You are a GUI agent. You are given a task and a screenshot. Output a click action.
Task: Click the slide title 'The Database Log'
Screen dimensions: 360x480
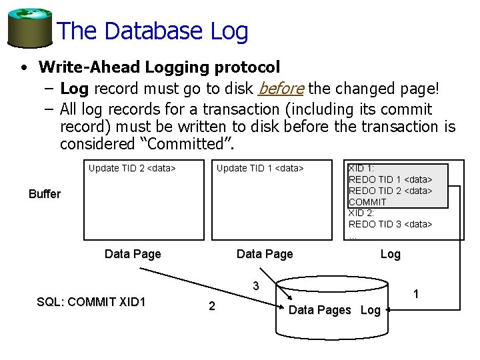153,31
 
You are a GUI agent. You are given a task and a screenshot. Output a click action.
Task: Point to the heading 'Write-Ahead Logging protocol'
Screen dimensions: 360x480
159,67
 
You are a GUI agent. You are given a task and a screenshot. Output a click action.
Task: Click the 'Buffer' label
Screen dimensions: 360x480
45,194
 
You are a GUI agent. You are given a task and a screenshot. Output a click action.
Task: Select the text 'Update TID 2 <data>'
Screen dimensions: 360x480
132,168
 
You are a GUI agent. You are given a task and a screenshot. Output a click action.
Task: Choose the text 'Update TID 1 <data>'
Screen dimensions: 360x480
260,168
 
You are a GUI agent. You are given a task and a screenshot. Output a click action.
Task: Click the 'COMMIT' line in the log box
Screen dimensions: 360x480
367,201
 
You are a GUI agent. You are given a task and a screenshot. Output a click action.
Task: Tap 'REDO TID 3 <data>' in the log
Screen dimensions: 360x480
390,224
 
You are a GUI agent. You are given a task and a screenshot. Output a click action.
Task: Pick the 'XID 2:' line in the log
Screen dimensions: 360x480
361,213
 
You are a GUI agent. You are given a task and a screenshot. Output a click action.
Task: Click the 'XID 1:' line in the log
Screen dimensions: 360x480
361,168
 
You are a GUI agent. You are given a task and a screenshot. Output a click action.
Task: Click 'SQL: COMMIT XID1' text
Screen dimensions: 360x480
91,302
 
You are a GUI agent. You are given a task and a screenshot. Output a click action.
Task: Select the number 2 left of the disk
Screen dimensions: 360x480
211,306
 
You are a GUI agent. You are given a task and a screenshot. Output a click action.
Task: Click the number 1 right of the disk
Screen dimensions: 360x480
416,294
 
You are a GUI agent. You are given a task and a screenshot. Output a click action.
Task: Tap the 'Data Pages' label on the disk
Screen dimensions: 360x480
319,310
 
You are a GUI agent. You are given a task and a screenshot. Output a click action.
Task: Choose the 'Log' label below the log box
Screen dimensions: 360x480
390,254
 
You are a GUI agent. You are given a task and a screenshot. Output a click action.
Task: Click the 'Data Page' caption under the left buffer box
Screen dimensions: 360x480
133,254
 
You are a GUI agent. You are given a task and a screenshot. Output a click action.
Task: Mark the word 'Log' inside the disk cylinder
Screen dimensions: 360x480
371,310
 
